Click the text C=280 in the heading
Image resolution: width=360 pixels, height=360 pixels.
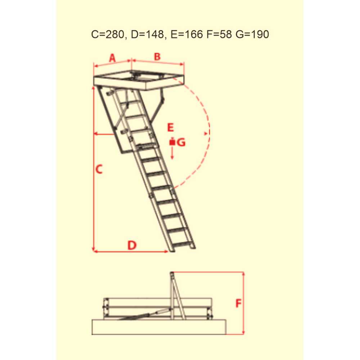click(108, 35)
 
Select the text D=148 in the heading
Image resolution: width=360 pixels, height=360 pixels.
click(147, 35)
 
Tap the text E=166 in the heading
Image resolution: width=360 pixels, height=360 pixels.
click(186, 35)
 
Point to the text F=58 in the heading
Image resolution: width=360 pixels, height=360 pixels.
click(219, 35)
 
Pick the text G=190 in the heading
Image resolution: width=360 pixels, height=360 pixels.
click(252, 35)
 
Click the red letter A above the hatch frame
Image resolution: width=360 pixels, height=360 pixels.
click(112, 58)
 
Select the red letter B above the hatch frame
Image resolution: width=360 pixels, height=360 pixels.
click(157, 57)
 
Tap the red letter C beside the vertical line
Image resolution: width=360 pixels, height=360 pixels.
click(99, 170)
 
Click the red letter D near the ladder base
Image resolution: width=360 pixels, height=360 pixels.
click(132, 245)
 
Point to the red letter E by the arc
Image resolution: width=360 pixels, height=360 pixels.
click(171, 128)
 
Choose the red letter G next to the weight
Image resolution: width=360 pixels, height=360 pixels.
click(181, 143)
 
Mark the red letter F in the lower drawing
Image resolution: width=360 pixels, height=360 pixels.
click(239, 303)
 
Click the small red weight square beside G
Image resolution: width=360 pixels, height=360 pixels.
click(172, 142)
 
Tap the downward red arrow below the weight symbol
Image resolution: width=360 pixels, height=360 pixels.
click(172, 153)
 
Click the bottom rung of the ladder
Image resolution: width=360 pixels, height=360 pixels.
click(181, 244)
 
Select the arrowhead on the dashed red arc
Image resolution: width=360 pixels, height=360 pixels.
click(206, 133)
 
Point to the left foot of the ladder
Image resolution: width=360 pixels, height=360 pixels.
click(172, 250)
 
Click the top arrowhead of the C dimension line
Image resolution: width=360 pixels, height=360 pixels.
click(94, 88)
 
